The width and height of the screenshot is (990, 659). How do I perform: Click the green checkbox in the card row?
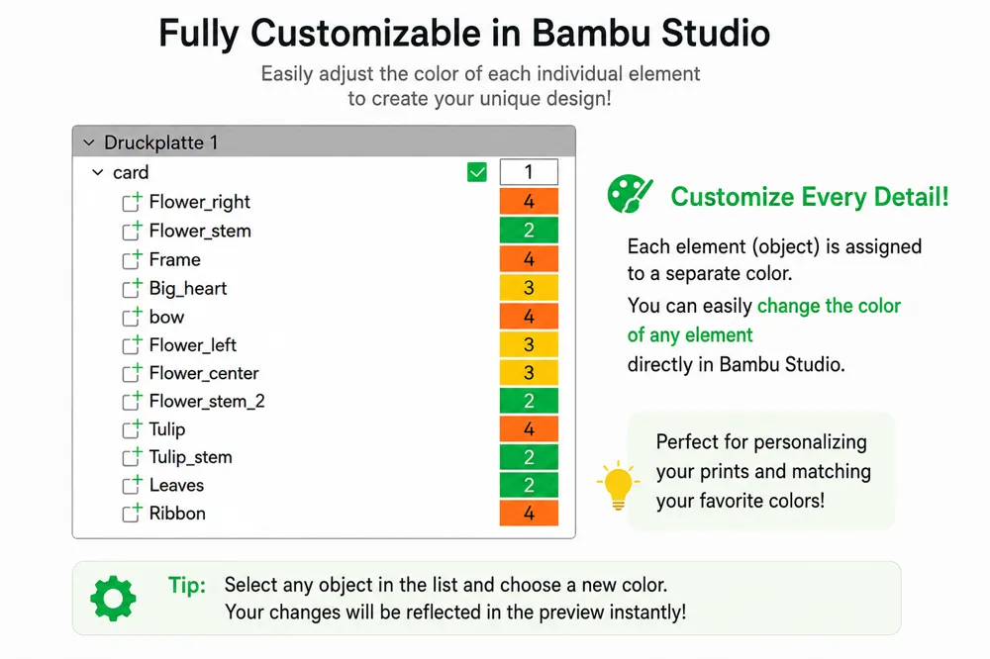(x=477, y=172)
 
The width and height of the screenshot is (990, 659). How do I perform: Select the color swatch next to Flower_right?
(x=529, y=202)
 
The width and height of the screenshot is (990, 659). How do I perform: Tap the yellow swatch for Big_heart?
(x=529, y=288)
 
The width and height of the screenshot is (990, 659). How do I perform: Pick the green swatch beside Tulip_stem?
(x=529, y=457)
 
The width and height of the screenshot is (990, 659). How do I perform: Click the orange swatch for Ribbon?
(x=529, y=513)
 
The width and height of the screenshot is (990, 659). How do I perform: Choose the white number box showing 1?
(x=529, y=172)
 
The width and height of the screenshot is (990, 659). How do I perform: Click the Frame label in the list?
(x=175, y=259)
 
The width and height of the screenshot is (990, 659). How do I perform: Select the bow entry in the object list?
(x=166, y=317)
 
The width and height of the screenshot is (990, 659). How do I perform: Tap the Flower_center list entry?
(x=204, y=373)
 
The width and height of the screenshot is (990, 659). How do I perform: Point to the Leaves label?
(x=177, y=485)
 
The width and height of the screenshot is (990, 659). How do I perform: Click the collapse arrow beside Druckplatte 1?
(x=89, y=142)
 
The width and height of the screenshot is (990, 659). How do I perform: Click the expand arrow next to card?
(x=98, y=172)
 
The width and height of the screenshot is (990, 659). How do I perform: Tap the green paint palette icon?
(x=630, y=194)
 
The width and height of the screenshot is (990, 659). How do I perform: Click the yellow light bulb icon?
(x=618, y=485)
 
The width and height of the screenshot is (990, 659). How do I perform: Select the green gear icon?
(x=113, y=599)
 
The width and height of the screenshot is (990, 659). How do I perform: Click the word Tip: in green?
(x=187, y=585)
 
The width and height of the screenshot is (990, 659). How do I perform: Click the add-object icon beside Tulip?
(x=132, y=428)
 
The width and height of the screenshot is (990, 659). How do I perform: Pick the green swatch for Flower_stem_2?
(x=529, y=401)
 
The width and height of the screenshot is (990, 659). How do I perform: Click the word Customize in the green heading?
(x=733, y=196)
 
